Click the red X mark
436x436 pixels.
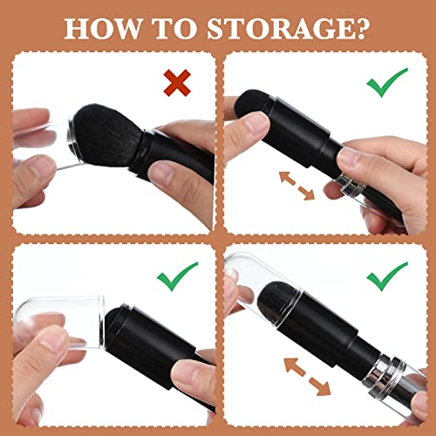pyautogui.click(x=177, y=83)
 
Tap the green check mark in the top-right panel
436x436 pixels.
pyautogui.click(x=384, y=83)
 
